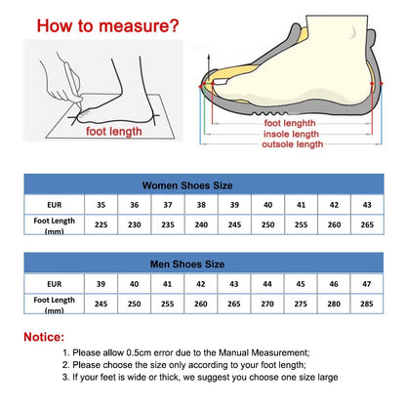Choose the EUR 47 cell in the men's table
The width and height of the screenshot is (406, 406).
[367, 284]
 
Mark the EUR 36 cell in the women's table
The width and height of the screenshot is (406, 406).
[135, 206]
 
